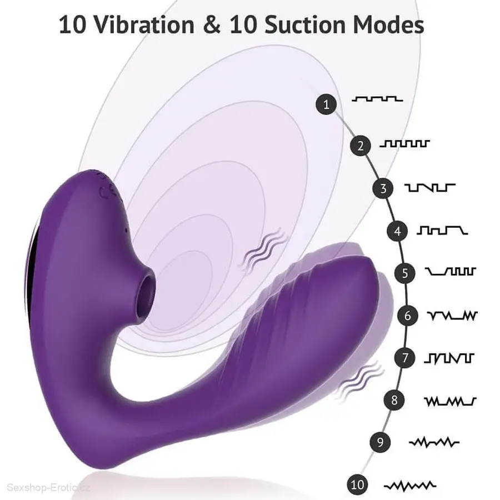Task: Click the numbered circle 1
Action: [x=326, y=104]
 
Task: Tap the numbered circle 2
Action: [x=361, y=146]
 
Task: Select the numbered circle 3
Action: [x=383, y=188]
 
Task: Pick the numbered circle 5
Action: [x=405, y=273]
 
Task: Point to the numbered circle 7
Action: [x=405, y=357]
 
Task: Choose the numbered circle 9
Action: [x=380, y=442]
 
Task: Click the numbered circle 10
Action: [x=357, y=484]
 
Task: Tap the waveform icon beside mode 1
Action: [x=377, y=99]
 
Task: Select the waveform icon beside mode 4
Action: [x=442, y=230]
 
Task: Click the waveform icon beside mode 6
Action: [x=452, y=316]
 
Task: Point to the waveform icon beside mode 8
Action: [x=450, y=402]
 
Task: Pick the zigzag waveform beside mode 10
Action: [x=410, y=486]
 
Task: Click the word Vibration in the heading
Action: [x=145, y=24]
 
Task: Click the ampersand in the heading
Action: [x=212, y=24]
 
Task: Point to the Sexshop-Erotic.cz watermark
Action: [x=48, y=488]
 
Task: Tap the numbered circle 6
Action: [x=408, y=316]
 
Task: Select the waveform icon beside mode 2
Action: [x=404, y=143]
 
